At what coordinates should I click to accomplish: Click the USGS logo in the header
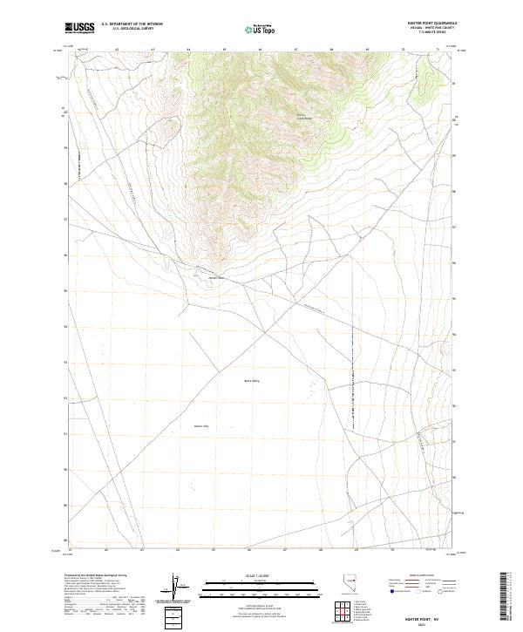79,28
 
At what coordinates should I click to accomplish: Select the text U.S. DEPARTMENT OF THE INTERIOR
132,24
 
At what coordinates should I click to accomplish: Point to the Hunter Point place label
216,278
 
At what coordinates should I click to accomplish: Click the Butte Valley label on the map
252,380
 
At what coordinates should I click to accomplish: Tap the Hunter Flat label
202,425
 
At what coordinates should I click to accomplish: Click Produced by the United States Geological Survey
93,576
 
